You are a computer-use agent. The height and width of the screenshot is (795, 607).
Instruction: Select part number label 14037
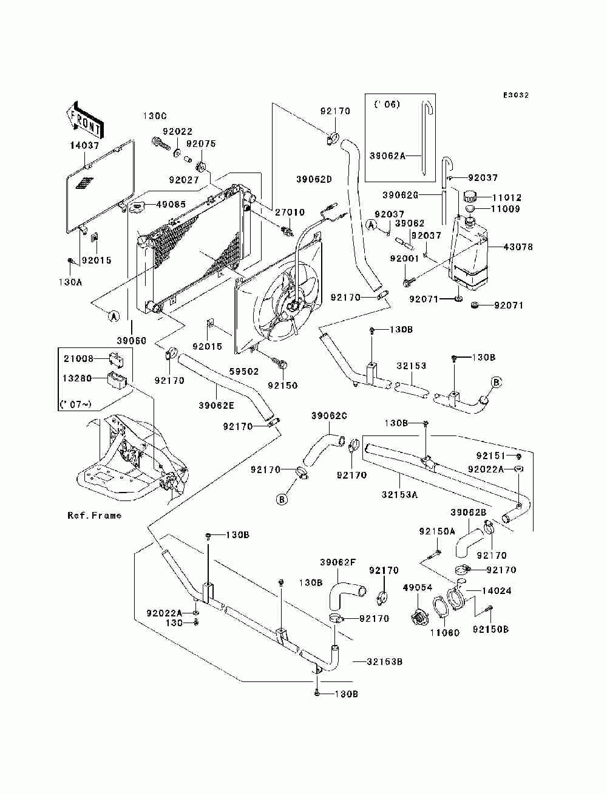[x=84, y=146]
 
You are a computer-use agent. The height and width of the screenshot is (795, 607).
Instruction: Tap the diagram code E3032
[x=516, y=95]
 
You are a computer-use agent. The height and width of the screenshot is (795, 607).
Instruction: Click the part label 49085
[x=171, y=205]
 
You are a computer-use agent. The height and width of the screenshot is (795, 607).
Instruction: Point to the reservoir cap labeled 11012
[x=470, y=197]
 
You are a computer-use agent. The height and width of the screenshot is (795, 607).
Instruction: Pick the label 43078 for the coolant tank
[x=518, y=247]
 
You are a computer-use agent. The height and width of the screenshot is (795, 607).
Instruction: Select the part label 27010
[x=290, y=212]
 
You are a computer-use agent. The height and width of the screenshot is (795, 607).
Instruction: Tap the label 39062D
[x=314, y=180]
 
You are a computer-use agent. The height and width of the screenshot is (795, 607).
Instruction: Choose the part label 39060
[x=131, y=341]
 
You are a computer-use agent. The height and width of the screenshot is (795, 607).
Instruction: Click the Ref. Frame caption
[x=95, y=515]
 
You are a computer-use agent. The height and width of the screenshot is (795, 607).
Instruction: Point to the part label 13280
[x=77, y=378]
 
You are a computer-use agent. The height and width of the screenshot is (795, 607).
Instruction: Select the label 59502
[x=243, y=372]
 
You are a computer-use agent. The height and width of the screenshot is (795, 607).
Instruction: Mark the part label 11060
[x=445, y=633]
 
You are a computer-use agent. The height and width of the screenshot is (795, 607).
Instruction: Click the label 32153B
[x=384, y=662]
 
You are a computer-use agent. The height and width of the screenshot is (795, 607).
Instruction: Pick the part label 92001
[x=404, y=259]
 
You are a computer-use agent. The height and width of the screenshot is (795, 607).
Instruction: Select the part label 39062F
[x=337, y=562]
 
